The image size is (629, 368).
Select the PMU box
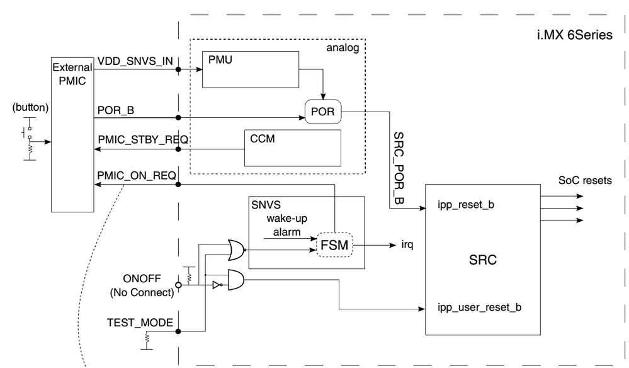coord(249,70)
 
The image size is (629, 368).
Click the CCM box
coord(292,148)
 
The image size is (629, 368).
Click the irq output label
coord(409,243)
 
